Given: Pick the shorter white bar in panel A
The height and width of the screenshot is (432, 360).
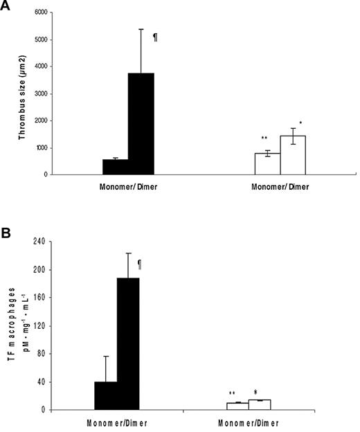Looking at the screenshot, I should [267, 163].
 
